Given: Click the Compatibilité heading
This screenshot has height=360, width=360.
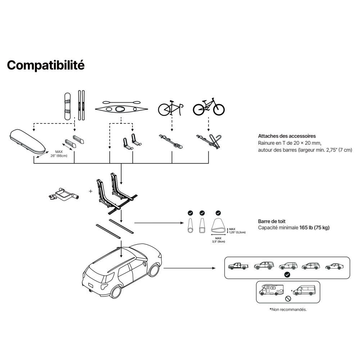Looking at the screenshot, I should point(46,65).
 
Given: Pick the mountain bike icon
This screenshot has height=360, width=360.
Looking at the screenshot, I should point(209,106).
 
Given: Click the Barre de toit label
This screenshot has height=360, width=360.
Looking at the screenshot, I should point(272,221).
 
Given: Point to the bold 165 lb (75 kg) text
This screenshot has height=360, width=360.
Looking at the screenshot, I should point(314,228).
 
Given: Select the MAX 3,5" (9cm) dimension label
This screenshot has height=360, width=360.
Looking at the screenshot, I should point(218,240).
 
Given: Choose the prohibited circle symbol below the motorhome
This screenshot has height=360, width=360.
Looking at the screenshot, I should point(288,298).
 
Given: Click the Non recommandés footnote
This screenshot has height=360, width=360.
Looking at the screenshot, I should point(288,309).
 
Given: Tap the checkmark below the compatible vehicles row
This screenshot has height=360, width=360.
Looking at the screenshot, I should point(287,275).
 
